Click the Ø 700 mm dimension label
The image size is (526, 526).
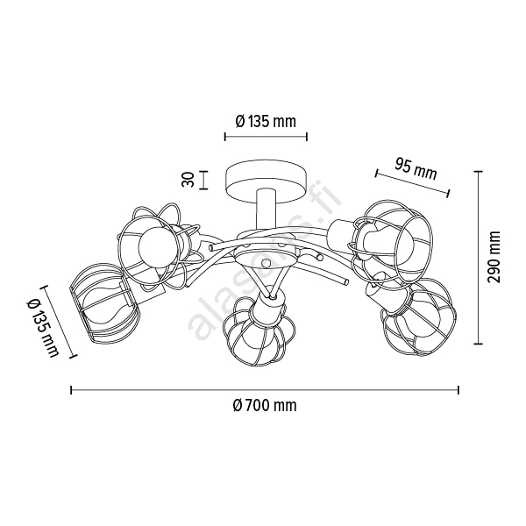(265, 406)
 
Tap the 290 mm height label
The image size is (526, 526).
(494, 257)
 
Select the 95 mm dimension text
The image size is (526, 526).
(416, 169)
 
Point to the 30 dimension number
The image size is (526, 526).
(188, 180)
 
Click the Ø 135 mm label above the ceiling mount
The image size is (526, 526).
(266, 122)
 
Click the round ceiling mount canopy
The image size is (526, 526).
(266, 184)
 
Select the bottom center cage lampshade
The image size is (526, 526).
(259, 331)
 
